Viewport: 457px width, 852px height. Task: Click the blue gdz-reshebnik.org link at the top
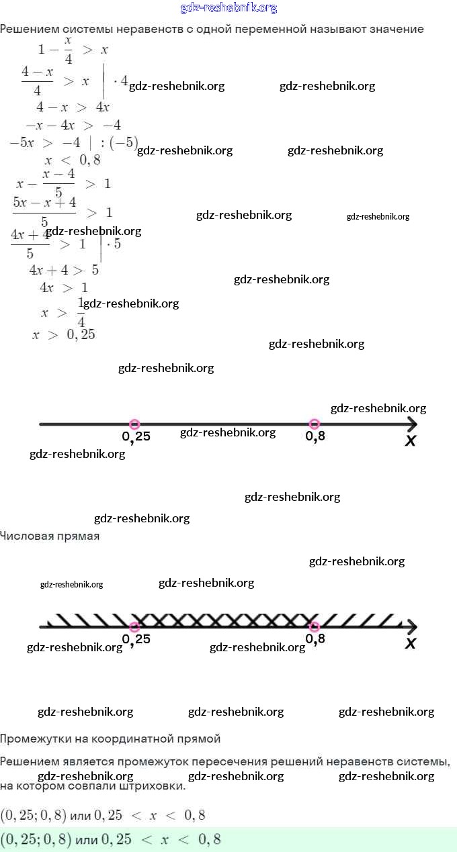click(229, 8)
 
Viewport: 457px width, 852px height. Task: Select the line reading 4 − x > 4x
click(73, 107)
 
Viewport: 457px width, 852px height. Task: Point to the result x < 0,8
click(73, 160)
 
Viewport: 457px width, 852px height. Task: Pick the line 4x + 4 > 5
click(64, 271)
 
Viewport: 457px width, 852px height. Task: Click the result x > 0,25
click(63, 334)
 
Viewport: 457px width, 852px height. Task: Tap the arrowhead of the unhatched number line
click(412, 424)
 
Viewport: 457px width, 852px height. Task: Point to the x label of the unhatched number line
click(411, 440)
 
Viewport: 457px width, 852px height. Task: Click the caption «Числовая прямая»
click(50, 536)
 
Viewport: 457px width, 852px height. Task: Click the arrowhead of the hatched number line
click(412, 627)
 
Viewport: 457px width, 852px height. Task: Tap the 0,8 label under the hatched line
click(315, 639)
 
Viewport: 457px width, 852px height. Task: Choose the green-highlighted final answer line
click(111, 839)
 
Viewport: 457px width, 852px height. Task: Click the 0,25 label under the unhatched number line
click(136, 437)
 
